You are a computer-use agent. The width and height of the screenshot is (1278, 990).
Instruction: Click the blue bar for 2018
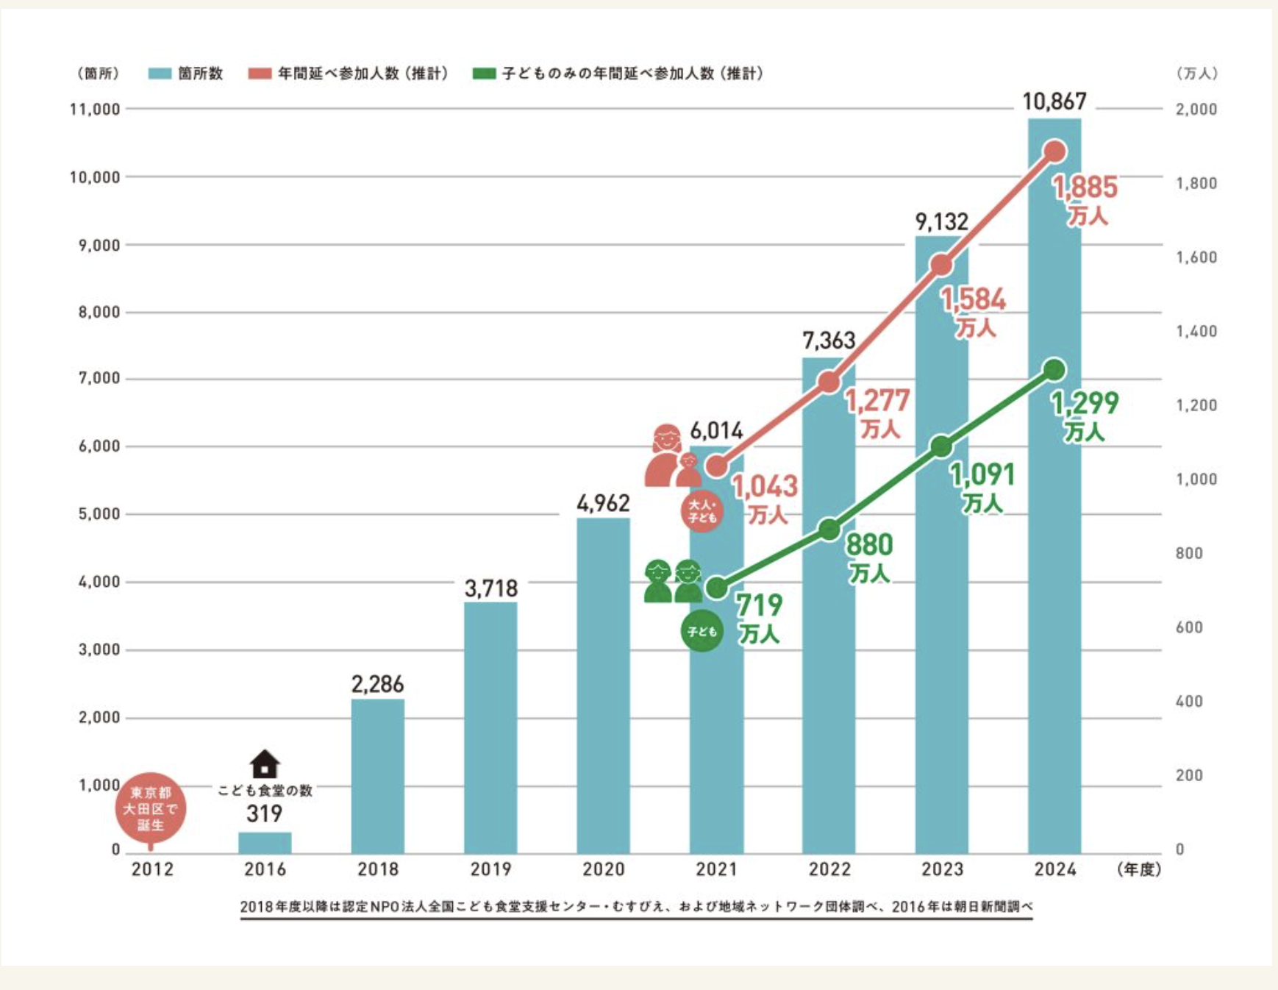click(377, 776)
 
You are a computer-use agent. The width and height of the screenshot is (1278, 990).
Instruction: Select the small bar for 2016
click(265, 843)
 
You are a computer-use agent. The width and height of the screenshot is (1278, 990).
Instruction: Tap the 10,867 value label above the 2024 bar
click(1054, 102)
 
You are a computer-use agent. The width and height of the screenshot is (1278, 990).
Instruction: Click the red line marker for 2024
click(1054, 152)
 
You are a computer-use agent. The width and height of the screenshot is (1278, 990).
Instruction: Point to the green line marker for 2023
click(941, 446)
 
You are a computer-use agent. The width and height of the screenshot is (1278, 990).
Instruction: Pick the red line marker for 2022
click(829, 382)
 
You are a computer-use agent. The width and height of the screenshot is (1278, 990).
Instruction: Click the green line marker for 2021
click(716, 588)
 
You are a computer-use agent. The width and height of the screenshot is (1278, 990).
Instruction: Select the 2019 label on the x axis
click(490, 869)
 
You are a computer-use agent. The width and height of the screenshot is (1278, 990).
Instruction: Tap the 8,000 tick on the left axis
click(99, 312)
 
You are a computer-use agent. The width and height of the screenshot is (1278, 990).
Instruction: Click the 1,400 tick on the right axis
click(1196, 332)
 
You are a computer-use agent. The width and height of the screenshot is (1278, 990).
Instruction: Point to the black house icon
click(265, 764)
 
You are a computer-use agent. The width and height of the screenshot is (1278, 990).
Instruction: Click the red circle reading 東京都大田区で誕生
click(151, 808)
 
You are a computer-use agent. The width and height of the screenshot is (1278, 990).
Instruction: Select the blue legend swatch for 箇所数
click(160, 74)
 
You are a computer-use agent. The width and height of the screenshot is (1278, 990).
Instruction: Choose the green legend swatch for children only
click(484, 74)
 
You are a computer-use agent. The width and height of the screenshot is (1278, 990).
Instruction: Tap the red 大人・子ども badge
click(702, 511)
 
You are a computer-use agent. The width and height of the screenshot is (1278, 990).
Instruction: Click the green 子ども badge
click(702, 631)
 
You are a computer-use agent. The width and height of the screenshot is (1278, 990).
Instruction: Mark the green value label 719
click(760, 605)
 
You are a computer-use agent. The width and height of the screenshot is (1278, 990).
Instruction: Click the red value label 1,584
click(973, 300)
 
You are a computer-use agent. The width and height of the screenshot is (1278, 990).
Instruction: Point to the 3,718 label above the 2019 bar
click(490, 588)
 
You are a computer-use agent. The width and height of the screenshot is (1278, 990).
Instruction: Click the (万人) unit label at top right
click(1196, 74)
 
